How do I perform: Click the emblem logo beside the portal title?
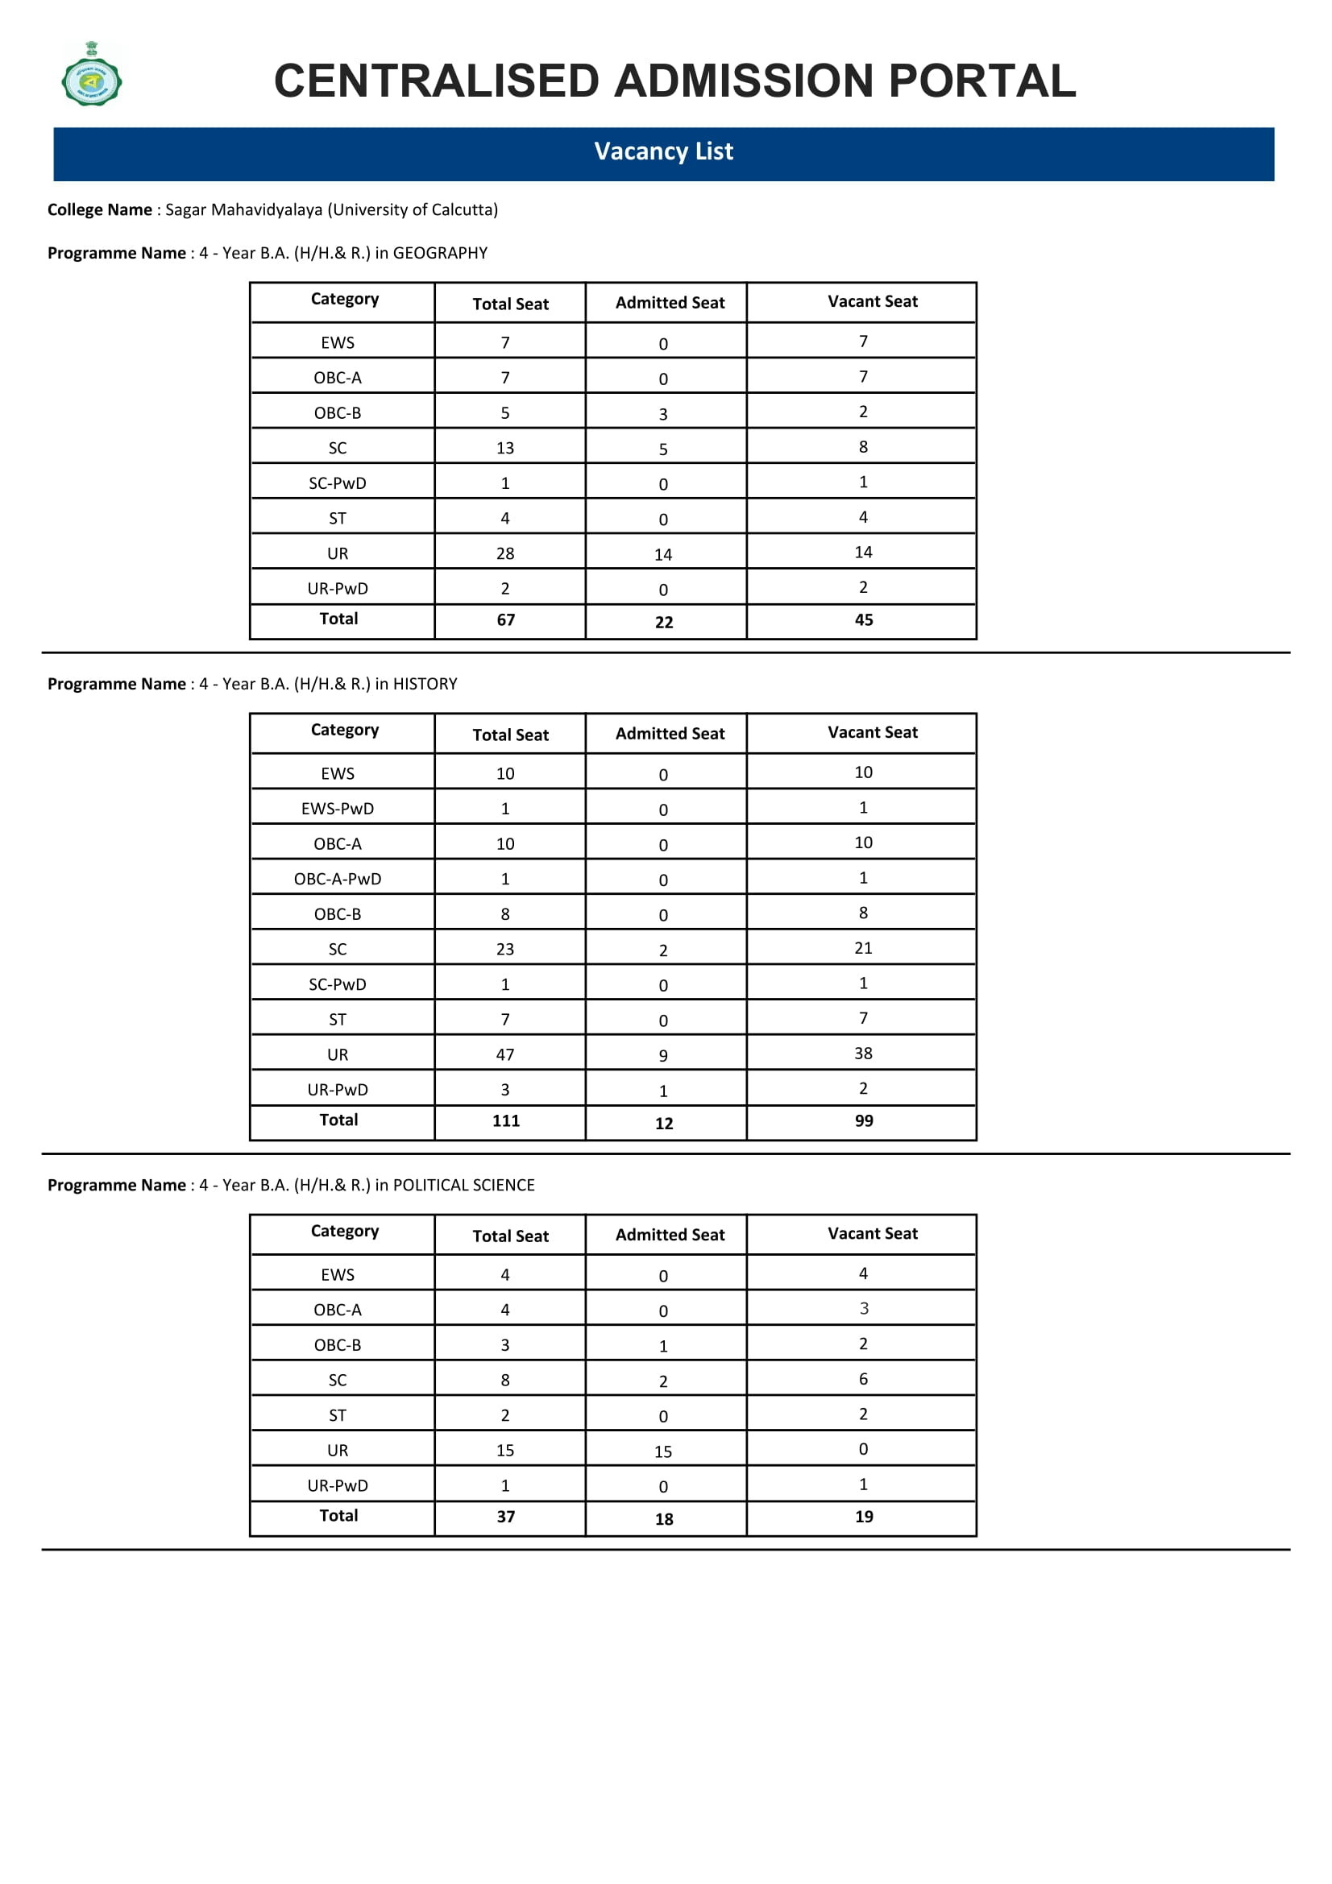point(92,75)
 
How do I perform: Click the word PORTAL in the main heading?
point(982,81)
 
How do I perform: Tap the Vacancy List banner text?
point(663,151)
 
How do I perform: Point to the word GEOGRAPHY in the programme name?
point(440,254)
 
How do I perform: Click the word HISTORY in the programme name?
point(425,685)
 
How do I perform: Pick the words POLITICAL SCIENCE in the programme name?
point(463,1186)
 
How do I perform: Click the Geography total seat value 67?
point(505,620)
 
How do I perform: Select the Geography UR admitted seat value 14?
point(663,556)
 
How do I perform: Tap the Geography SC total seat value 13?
point(504,449)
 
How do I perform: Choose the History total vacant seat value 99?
point(863,1122)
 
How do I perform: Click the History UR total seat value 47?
point(504,1055)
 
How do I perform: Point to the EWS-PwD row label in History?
point(338,809)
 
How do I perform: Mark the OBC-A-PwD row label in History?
point(338,880)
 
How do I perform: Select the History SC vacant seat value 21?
point(863,949)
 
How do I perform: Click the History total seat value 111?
point(505,1122)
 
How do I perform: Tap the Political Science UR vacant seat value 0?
point(863,1450)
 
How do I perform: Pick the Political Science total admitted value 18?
point(664,1520)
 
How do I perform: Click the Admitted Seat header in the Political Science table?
point(670,1236)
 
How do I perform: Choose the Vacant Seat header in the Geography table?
point(873,302)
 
